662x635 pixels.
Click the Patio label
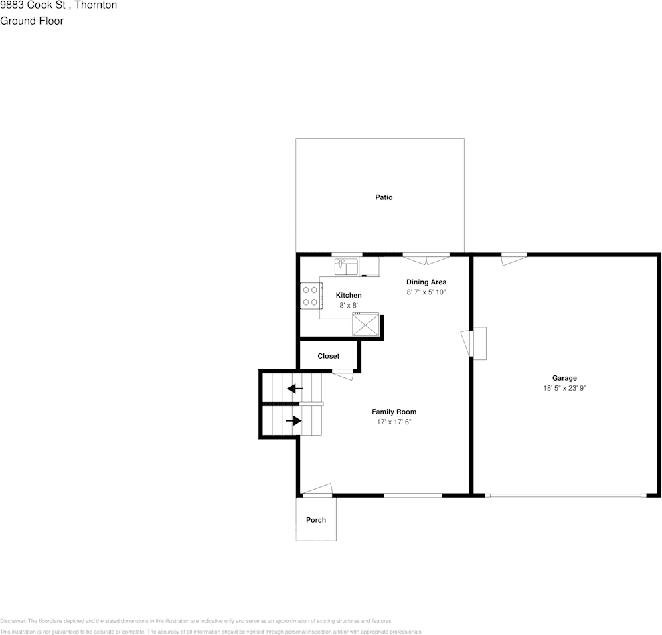point(384,197)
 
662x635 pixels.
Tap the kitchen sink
point(347,267)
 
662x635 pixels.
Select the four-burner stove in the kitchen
point(310,296)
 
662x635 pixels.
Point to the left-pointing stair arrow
point(295,388)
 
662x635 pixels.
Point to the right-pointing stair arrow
point(294,420)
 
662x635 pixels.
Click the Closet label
point(328,356)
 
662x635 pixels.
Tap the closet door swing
point(343,375)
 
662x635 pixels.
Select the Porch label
point(316,520)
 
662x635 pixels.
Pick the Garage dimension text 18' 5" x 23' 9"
point(564,388)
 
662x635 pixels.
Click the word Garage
point(564,378)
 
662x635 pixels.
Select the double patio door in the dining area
point(426,258)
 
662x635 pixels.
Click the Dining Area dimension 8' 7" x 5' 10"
point(426,292)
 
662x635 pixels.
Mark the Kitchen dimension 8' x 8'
point(349,305)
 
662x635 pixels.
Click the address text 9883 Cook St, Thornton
point(58,5)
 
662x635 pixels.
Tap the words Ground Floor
point(31,21)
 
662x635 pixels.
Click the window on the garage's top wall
point(514,256)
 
